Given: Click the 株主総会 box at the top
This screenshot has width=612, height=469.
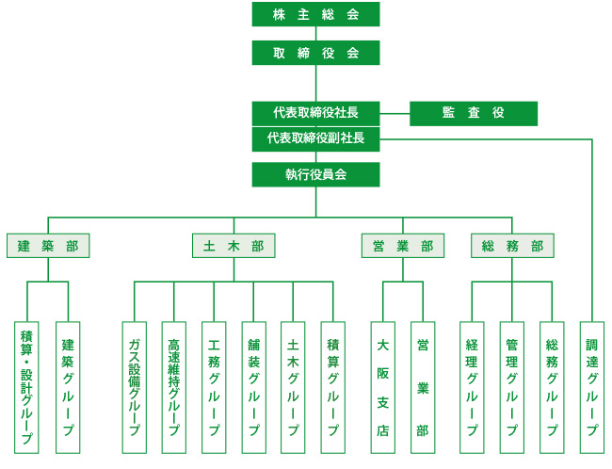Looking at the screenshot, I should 315,14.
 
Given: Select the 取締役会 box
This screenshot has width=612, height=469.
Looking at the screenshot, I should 315,53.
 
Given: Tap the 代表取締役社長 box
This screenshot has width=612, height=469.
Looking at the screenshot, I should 315,113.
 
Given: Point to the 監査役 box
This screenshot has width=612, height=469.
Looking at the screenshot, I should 474,113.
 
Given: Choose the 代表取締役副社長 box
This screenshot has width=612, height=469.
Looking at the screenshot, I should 315,138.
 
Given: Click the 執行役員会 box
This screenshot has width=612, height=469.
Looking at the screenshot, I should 315,174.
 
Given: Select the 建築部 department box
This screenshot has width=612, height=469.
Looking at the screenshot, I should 48,246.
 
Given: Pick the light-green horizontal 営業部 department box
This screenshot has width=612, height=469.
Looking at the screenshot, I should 402,246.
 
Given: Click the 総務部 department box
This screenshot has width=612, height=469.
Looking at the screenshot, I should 512,246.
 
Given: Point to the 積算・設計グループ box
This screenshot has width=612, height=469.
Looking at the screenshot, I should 27,387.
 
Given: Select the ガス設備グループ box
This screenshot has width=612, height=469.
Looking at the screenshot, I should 134,387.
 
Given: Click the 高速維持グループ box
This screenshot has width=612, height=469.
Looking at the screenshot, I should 174,387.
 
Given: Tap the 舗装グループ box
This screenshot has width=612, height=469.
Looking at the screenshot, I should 253,387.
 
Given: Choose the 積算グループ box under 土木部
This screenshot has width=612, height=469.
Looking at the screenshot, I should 332,387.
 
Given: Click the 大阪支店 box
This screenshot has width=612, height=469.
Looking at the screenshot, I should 382,387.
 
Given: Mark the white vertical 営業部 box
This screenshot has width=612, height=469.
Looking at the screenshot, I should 423,387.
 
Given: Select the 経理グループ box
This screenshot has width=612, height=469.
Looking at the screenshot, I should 473,387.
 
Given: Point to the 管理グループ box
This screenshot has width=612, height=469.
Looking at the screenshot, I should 512,387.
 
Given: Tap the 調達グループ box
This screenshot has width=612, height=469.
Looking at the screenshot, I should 592,387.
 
